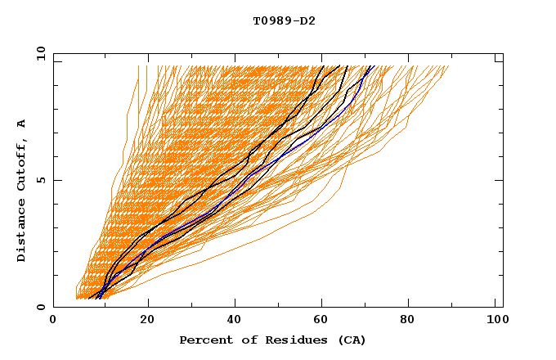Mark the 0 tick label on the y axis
click(x=40, y=307)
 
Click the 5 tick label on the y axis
click(x=40, y=180)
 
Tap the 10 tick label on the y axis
click(x=38, y=53)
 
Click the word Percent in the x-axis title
click(x=201, y=340)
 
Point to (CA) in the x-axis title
click(x=350, y=340)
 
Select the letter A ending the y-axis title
click(x=22, y=124)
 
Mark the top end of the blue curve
click(x=370, y=67)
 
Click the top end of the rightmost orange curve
click(x=449, y=67)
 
